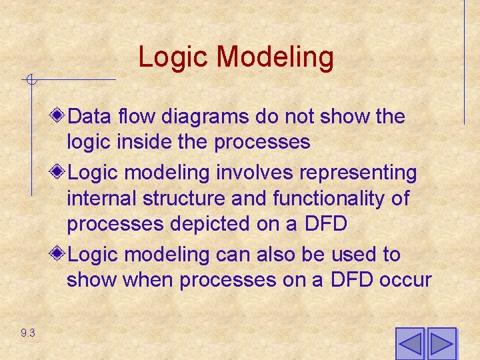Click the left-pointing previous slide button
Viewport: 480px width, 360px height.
tap(409, 343)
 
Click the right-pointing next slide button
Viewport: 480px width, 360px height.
tap(441, 343)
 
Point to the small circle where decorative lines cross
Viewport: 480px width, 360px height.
tap(30, 81)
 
